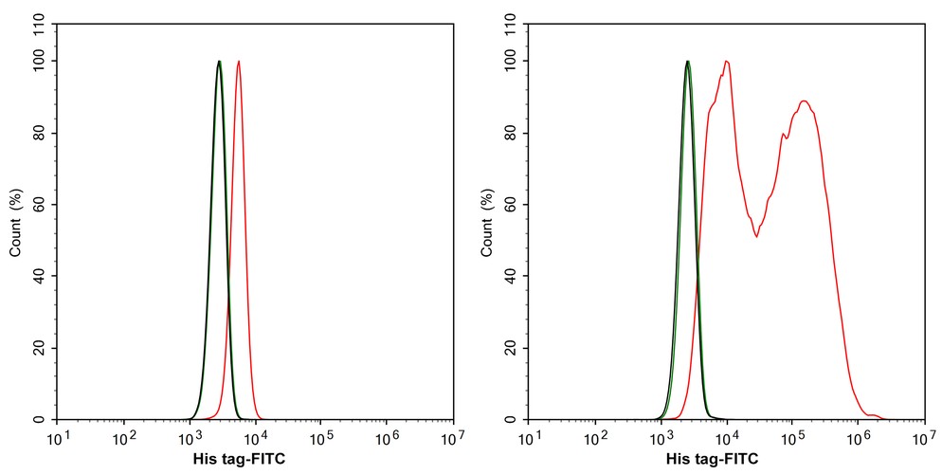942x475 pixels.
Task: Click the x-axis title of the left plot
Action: [238, 459]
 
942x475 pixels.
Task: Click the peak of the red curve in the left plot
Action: [239, 62]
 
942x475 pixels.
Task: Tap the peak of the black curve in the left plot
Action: [219, 62]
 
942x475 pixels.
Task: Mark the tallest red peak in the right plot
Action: [726, 63]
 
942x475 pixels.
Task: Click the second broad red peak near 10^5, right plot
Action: [804, 101]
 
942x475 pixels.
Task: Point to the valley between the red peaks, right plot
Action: [756, 235]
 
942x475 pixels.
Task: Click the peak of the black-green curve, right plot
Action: [688, 62]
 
